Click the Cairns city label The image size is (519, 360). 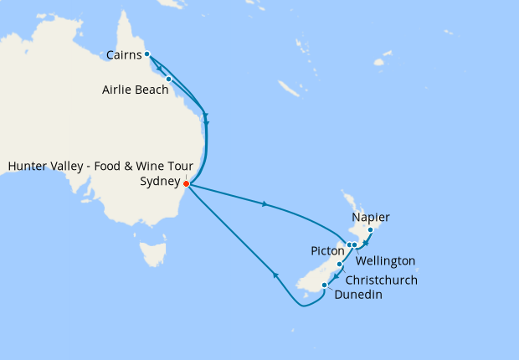tap(123, 56)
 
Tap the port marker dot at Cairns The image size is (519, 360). tap(147, 54)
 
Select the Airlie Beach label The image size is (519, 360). tap(136, 90)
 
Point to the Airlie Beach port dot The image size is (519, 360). tap(169, 80)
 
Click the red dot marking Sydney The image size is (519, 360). tap(186, 184)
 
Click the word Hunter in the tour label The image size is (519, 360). tap(28, 166)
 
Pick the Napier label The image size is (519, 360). tap(371, 218)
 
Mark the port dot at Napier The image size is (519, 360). tap(370, 229)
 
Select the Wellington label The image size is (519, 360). tap(386, 261)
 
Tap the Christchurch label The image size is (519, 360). tap(381, 280)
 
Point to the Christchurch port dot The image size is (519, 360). tap(340, 265)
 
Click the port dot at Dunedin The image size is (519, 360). tap(324, 286)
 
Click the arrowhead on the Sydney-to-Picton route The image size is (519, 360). tap(265, 203)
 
